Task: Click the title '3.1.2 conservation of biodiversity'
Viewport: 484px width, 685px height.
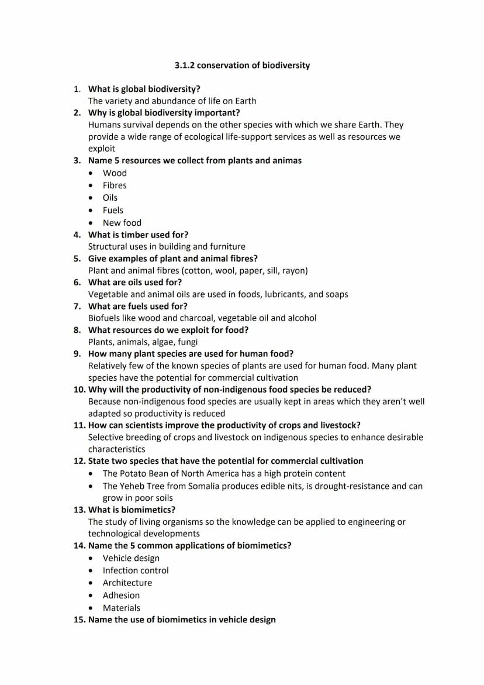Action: (242, 65)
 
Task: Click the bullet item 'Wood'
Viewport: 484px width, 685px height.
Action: (115, 173)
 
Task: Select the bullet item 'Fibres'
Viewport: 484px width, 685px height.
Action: (115, 185)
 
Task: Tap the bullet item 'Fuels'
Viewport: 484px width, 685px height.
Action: (113, 210)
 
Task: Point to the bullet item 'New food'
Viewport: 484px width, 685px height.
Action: (122, 223)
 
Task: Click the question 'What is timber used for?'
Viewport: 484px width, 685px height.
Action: (138, 235)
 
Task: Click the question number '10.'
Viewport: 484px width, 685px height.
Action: (79, 390)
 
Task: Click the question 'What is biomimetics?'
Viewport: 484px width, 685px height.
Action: (132, 510)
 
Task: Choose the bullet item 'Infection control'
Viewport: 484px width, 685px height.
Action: (136, 570)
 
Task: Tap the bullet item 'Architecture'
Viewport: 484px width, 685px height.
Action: (127, 583)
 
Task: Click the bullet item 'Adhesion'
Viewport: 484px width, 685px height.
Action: (121, 595)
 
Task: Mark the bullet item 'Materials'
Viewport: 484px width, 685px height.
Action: (121, 608)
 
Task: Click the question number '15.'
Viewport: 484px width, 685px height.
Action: (79, 619)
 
